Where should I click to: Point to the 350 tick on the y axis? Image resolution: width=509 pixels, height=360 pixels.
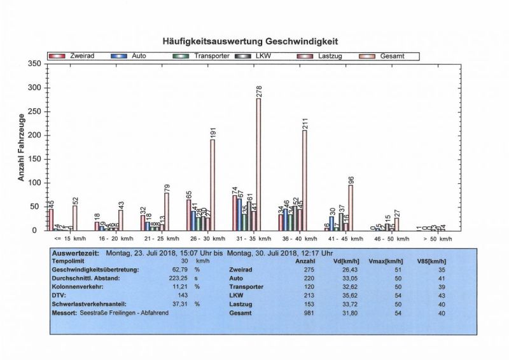click(x=34, y=64)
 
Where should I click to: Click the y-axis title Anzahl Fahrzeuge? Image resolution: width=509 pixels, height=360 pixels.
click(x=21, y=148)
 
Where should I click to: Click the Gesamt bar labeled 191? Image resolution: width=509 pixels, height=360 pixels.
click(x=212, y=185)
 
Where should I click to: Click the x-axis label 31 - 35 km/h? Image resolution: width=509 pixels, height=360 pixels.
click(x=244, y=239)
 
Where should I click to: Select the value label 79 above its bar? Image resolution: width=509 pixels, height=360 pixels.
click(x=166, y=188)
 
